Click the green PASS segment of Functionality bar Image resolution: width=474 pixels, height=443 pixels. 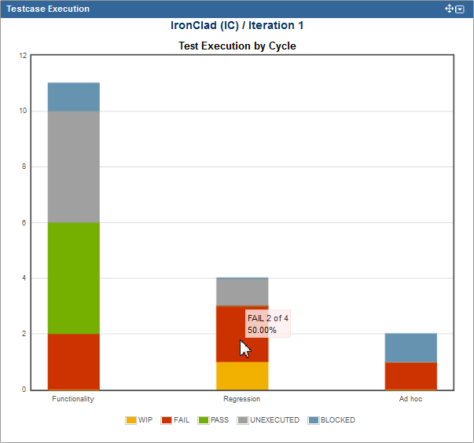click(x=73, y=278)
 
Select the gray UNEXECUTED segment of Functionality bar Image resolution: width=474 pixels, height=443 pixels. click(x=73, y=167)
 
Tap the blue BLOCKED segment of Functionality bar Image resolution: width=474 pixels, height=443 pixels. click(x=73, y=97)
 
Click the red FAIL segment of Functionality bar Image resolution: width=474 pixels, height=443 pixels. click(x=73, y=361)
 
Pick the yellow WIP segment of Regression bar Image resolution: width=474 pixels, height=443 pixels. click(x=242, y=375)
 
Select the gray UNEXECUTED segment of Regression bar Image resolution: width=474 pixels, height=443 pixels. click(x=242, y=292)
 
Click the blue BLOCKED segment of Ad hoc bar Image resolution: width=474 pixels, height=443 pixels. click(x=410, y=347)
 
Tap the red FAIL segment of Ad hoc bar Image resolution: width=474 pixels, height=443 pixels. click(x=410, y=375)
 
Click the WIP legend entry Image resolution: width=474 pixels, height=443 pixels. click(x=139, y=420)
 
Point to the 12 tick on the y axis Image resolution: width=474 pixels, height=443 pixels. click(x=23, y=56)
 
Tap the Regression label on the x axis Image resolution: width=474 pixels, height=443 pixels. click(x=241, y=400)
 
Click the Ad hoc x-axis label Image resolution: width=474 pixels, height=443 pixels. click(x=410, y=400)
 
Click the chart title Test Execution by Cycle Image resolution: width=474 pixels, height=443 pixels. click(x=237, y=46)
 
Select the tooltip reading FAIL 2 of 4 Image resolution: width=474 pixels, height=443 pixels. click(x=267, y=324)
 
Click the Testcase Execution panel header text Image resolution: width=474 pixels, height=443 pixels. click(x=48, y=9)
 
